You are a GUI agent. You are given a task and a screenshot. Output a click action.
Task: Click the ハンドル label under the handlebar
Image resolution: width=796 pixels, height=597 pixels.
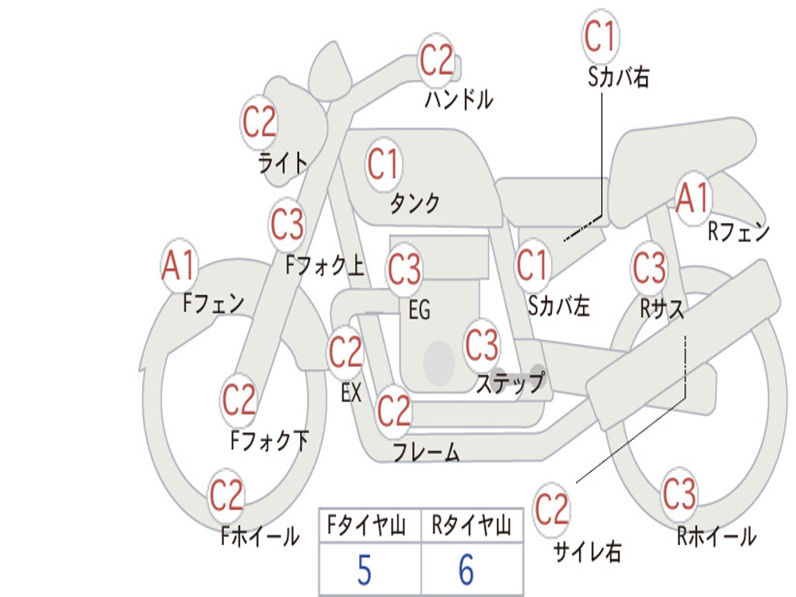coord(459,99)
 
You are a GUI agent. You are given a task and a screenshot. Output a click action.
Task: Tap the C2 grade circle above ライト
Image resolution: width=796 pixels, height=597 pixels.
coord(260,122)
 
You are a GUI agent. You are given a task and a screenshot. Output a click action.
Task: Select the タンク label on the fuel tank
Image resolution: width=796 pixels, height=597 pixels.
coord(414,203)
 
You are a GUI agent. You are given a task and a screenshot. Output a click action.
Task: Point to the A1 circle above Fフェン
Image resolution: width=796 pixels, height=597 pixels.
coord(180,267)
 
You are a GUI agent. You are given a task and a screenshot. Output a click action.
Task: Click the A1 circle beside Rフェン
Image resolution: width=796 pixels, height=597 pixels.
coord(693,199)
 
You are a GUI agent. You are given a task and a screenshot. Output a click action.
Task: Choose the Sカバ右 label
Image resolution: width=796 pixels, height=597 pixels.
coord(619,76)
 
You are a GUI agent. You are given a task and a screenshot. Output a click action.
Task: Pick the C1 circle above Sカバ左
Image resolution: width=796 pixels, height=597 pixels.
coord(533,266)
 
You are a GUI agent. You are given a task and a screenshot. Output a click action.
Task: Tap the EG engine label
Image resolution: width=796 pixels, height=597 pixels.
coord(419,310)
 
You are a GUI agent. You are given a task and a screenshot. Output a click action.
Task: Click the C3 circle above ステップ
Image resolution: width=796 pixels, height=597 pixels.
coord(482,344)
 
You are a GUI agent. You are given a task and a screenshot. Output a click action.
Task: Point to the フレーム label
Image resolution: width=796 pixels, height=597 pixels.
coord(426,452)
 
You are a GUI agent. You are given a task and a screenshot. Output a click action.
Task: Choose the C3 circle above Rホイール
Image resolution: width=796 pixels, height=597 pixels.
coord(679,494)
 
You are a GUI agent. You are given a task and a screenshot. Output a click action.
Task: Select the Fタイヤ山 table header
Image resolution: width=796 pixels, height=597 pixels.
coord(366,526)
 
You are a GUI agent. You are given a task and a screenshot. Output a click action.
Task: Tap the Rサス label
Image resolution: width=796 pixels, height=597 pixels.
coord(662,309)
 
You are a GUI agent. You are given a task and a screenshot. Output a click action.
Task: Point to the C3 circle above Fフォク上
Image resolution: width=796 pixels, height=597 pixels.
coord(288,225)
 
